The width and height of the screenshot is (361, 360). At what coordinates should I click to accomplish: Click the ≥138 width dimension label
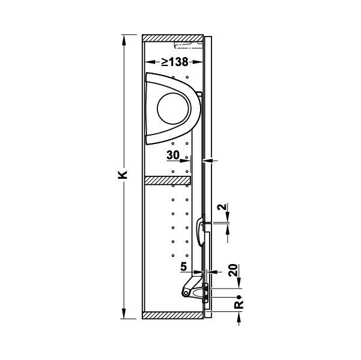175,62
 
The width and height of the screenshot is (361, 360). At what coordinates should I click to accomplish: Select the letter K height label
123,175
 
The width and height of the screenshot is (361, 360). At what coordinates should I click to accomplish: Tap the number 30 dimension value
173,155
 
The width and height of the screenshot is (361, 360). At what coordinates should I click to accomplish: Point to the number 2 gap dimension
222,207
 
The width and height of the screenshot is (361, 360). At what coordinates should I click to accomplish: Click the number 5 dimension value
183,267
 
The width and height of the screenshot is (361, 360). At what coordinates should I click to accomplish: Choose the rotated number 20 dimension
234,270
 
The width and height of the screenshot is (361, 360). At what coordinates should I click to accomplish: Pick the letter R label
238,305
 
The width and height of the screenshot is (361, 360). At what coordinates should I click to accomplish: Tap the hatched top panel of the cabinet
173,38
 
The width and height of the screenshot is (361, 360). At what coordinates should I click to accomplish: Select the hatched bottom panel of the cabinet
173,315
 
